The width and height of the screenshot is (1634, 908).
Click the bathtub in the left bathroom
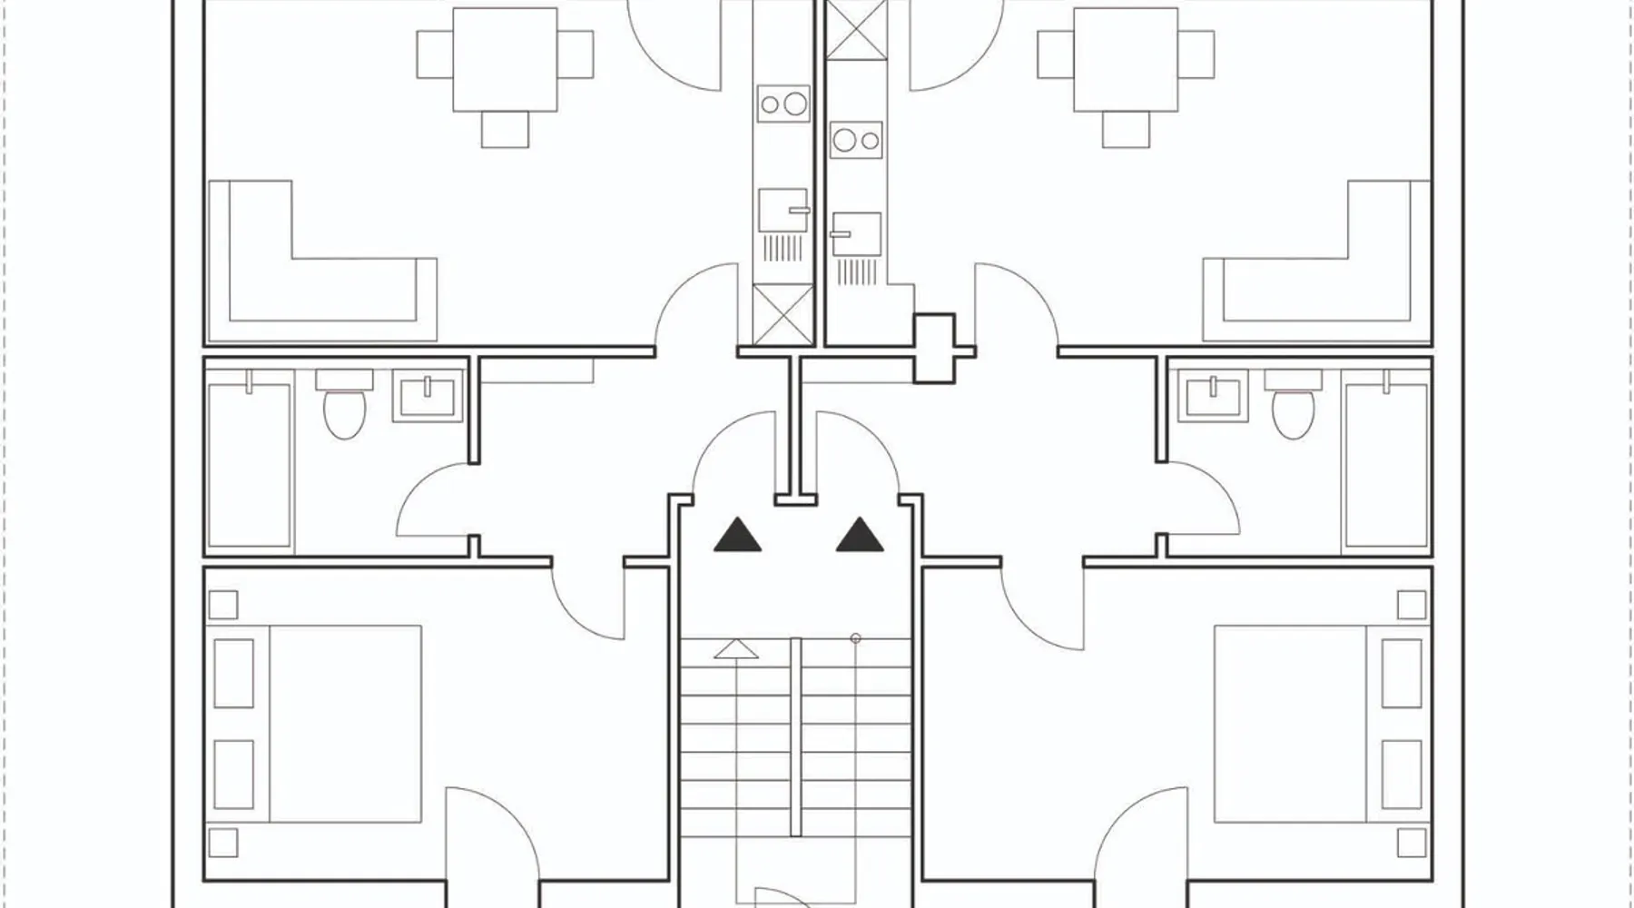250,465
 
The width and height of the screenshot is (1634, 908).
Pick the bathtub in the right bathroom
1385,465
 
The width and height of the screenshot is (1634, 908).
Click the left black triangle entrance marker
737,536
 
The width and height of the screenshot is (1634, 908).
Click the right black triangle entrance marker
860,536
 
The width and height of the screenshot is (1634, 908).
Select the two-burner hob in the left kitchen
783,104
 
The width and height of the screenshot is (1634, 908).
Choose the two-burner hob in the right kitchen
856,140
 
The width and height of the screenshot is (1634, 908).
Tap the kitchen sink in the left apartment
783,211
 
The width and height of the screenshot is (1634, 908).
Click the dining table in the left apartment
505,60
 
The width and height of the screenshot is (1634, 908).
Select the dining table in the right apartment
1126,60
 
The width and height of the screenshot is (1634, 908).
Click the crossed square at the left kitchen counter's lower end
783,314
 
